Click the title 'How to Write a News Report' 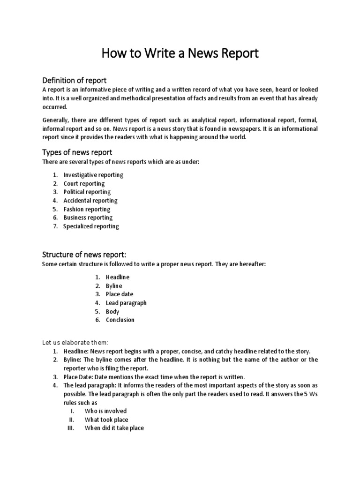coord(180,52)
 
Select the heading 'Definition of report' coord(75,80)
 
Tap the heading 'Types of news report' coord(77,152)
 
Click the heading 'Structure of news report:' coord(84,255)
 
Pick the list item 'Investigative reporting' coord(93,175)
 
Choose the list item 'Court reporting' coord(84,183)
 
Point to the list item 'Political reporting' coord(87,192)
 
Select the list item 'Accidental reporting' coord(90,201)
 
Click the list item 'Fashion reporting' coord(87,209)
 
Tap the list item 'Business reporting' coord(88,217)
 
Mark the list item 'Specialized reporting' coord(91,226)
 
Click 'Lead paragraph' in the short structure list coord(126,303)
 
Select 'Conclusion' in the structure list coord(120,320)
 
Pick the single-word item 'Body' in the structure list coord(112,311)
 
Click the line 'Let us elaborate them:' coord(75,343)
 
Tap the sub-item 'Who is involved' coord(105,411)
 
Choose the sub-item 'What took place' coord(106,420)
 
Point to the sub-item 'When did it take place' coord(114,428)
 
